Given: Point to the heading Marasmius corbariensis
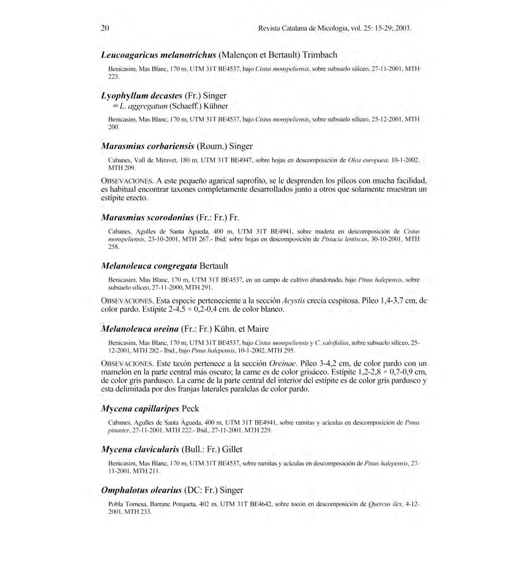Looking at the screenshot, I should (147, 146).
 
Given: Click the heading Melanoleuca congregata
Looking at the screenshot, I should (149, 266).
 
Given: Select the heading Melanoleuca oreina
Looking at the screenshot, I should (140, 328).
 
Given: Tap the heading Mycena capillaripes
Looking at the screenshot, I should (140, 408).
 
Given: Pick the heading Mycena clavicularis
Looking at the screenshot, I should (140, 449).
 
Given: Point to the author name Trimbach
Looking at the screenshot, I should (320, 55).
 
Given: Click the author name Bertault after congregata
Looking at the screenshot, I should (214, 266).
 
